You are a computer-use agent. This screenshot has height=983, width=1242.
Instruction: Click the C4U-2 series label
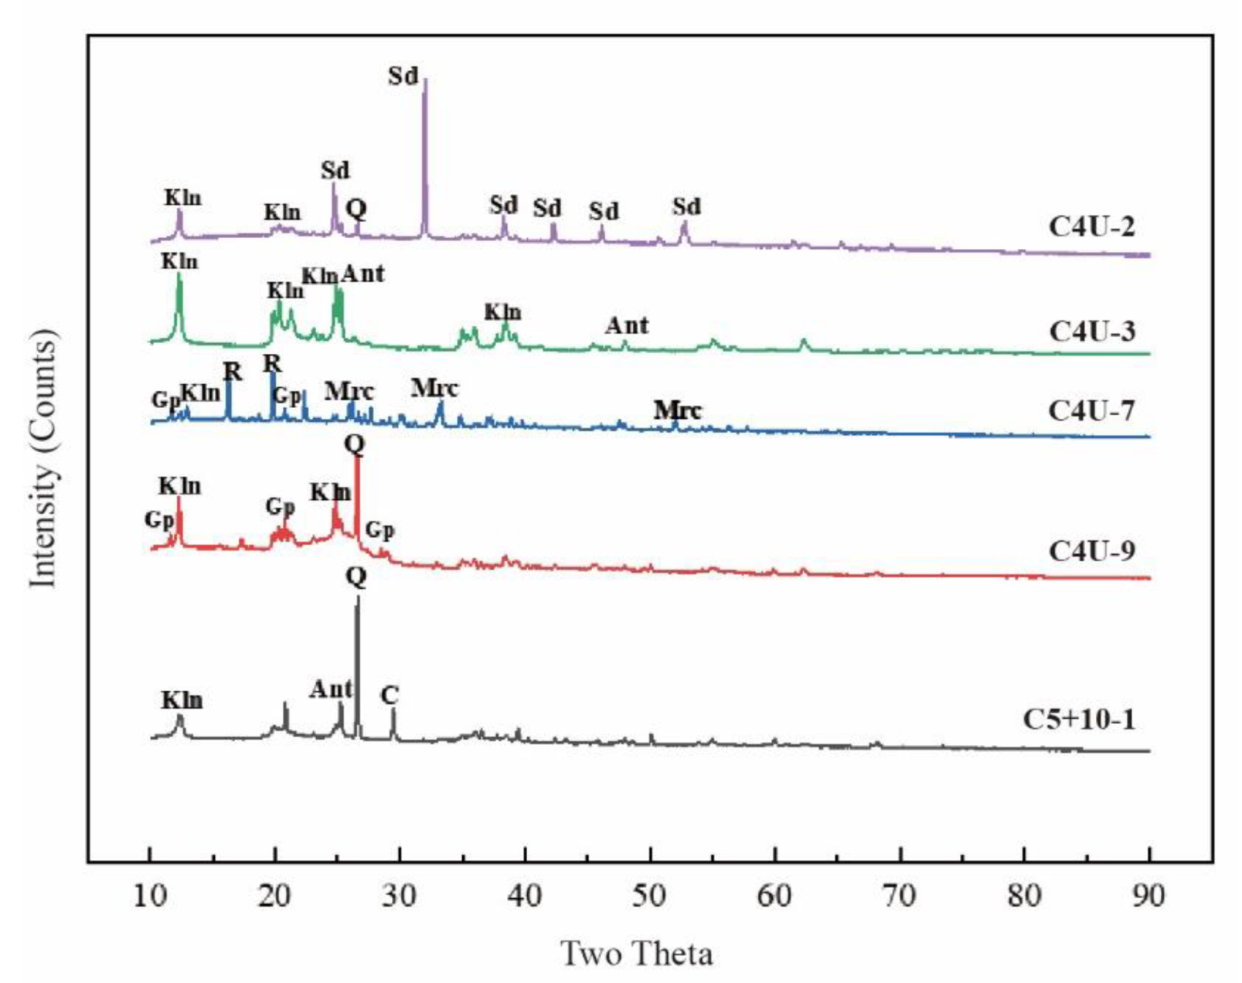(x=1091, y=226)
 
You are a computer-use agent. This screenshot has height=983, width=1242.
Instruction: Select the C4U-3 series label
(x=1091, y=332)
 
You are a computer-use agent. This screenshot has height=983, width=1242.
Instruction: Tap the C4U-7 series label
(x=1091, y=410)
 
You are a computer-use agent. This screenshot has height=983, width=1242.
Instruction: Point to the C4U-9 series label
(x=1091, y=551)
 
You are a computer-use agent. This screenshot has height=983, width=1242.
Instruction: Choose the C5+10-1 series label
(x=1079, y=719)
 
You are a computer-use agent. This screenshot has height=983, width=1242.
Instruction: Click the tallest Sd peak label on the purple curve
(x=403, y=76)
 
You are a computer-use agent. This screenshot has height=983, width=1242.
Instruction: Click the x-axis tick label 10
(x=150, y=896)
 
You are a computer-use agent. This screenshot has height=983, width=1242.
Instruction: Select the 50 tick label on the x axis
(x=650, y=896)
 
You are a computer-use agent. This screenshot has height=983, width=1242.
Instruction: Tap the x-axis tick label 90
(x=1149, y=896)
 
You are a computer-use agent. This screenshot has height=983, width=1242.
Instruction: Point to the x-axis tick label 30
(x=400, y=896)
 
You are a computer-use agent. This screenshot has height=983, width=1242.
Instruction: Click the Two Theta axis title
(x=636, y=954)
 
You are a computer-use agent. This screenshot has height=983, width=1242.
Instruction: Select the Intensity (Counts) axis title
(x=43, y=457)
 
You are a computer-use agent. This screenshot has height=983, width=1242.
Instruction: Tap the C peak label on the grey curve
(x=390, y=696)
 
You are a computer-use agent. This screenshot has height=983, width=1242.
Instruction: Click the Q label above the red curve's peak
(x=355, y=444)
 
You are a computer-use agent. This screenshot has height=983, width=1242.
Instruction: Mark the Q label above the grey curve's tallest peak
(x=356, y=577)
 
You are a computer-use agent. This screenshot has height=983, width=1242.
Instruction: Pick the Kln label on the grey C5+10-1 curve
(x=182, y=700)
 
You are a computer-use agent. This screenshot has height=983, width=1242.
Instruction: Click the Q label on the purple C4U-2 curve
(x=356, y=208)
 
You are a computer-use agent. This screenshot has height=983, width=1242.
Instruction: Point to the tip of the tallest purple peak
(x=424, y=80)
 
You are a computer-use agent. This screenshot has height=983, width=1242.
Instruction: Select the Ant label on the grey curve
(x=331, y=689)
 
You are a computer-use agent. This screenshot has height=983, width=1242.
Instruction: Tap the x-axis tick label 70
(x=900, y=896)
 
